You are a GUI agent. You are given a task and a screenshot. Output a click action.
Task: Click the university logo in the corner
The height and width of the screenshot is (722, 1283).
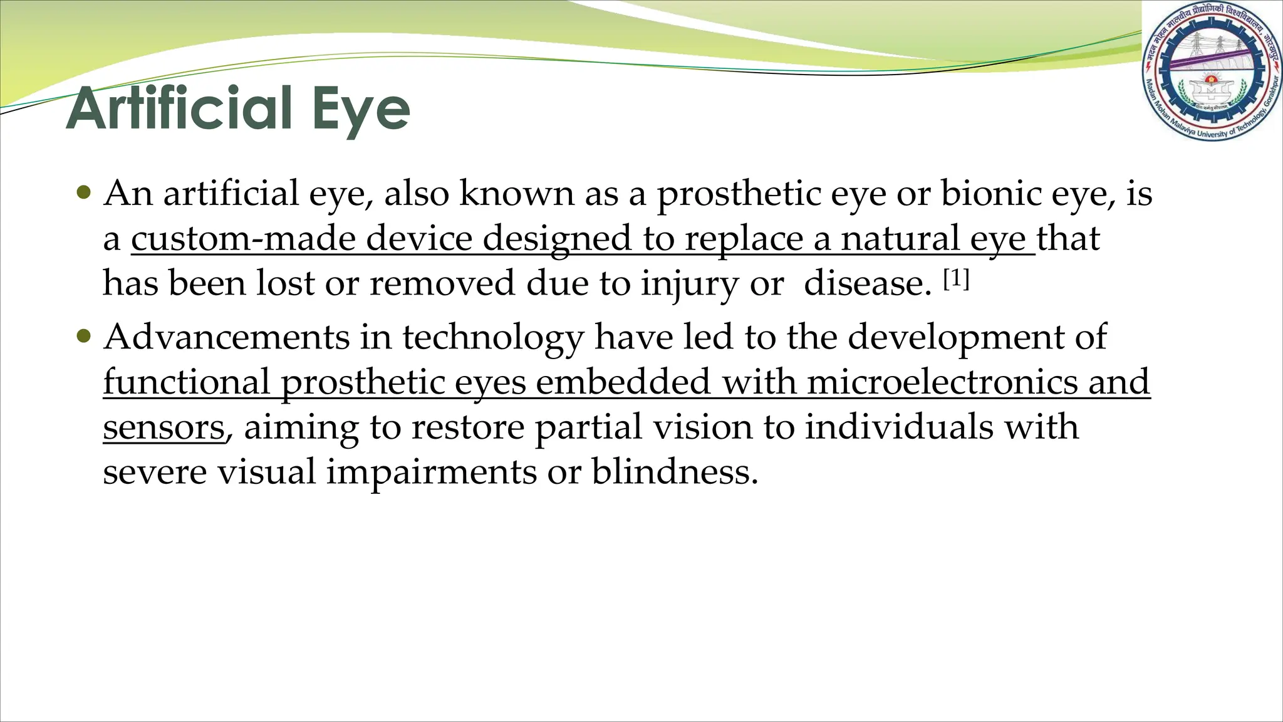click(1211, 70)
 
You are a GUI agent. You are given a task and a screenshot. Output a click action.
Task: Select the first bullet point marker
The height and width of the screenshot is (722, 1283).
click(83, 191)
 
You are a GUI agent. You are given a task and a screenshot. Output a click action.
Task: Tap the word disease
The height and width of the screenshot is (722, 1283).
click(867, 283)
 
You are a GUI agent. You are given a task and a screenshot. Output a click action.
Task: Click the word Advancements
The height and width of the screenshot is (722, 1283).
click(226, 337)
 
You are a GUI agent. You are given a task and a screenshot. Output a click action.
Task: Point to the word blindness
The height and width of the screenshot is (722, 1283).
click(674, 471)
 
